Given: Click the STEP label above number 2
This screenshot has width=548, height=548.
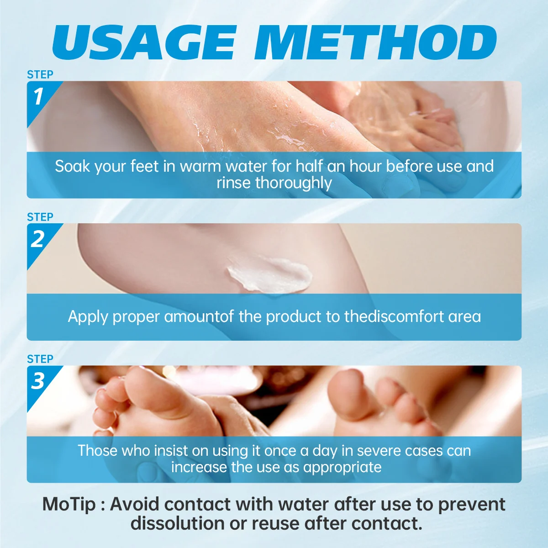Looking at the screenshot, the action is click(x=40, y=217).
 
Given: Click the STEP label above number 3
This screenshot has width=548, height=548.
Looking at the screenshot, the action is click(x=40, y=359).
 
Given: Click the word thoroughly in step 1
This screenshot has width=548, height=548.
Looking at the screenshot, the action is click(x=294, y=183).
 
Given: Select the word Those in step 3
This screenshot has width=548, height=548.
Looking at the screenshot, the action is click(x=97, y=450).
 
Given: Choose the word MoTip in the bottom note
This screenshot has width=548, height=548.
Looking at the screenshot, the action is click(x=69, y=505).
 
